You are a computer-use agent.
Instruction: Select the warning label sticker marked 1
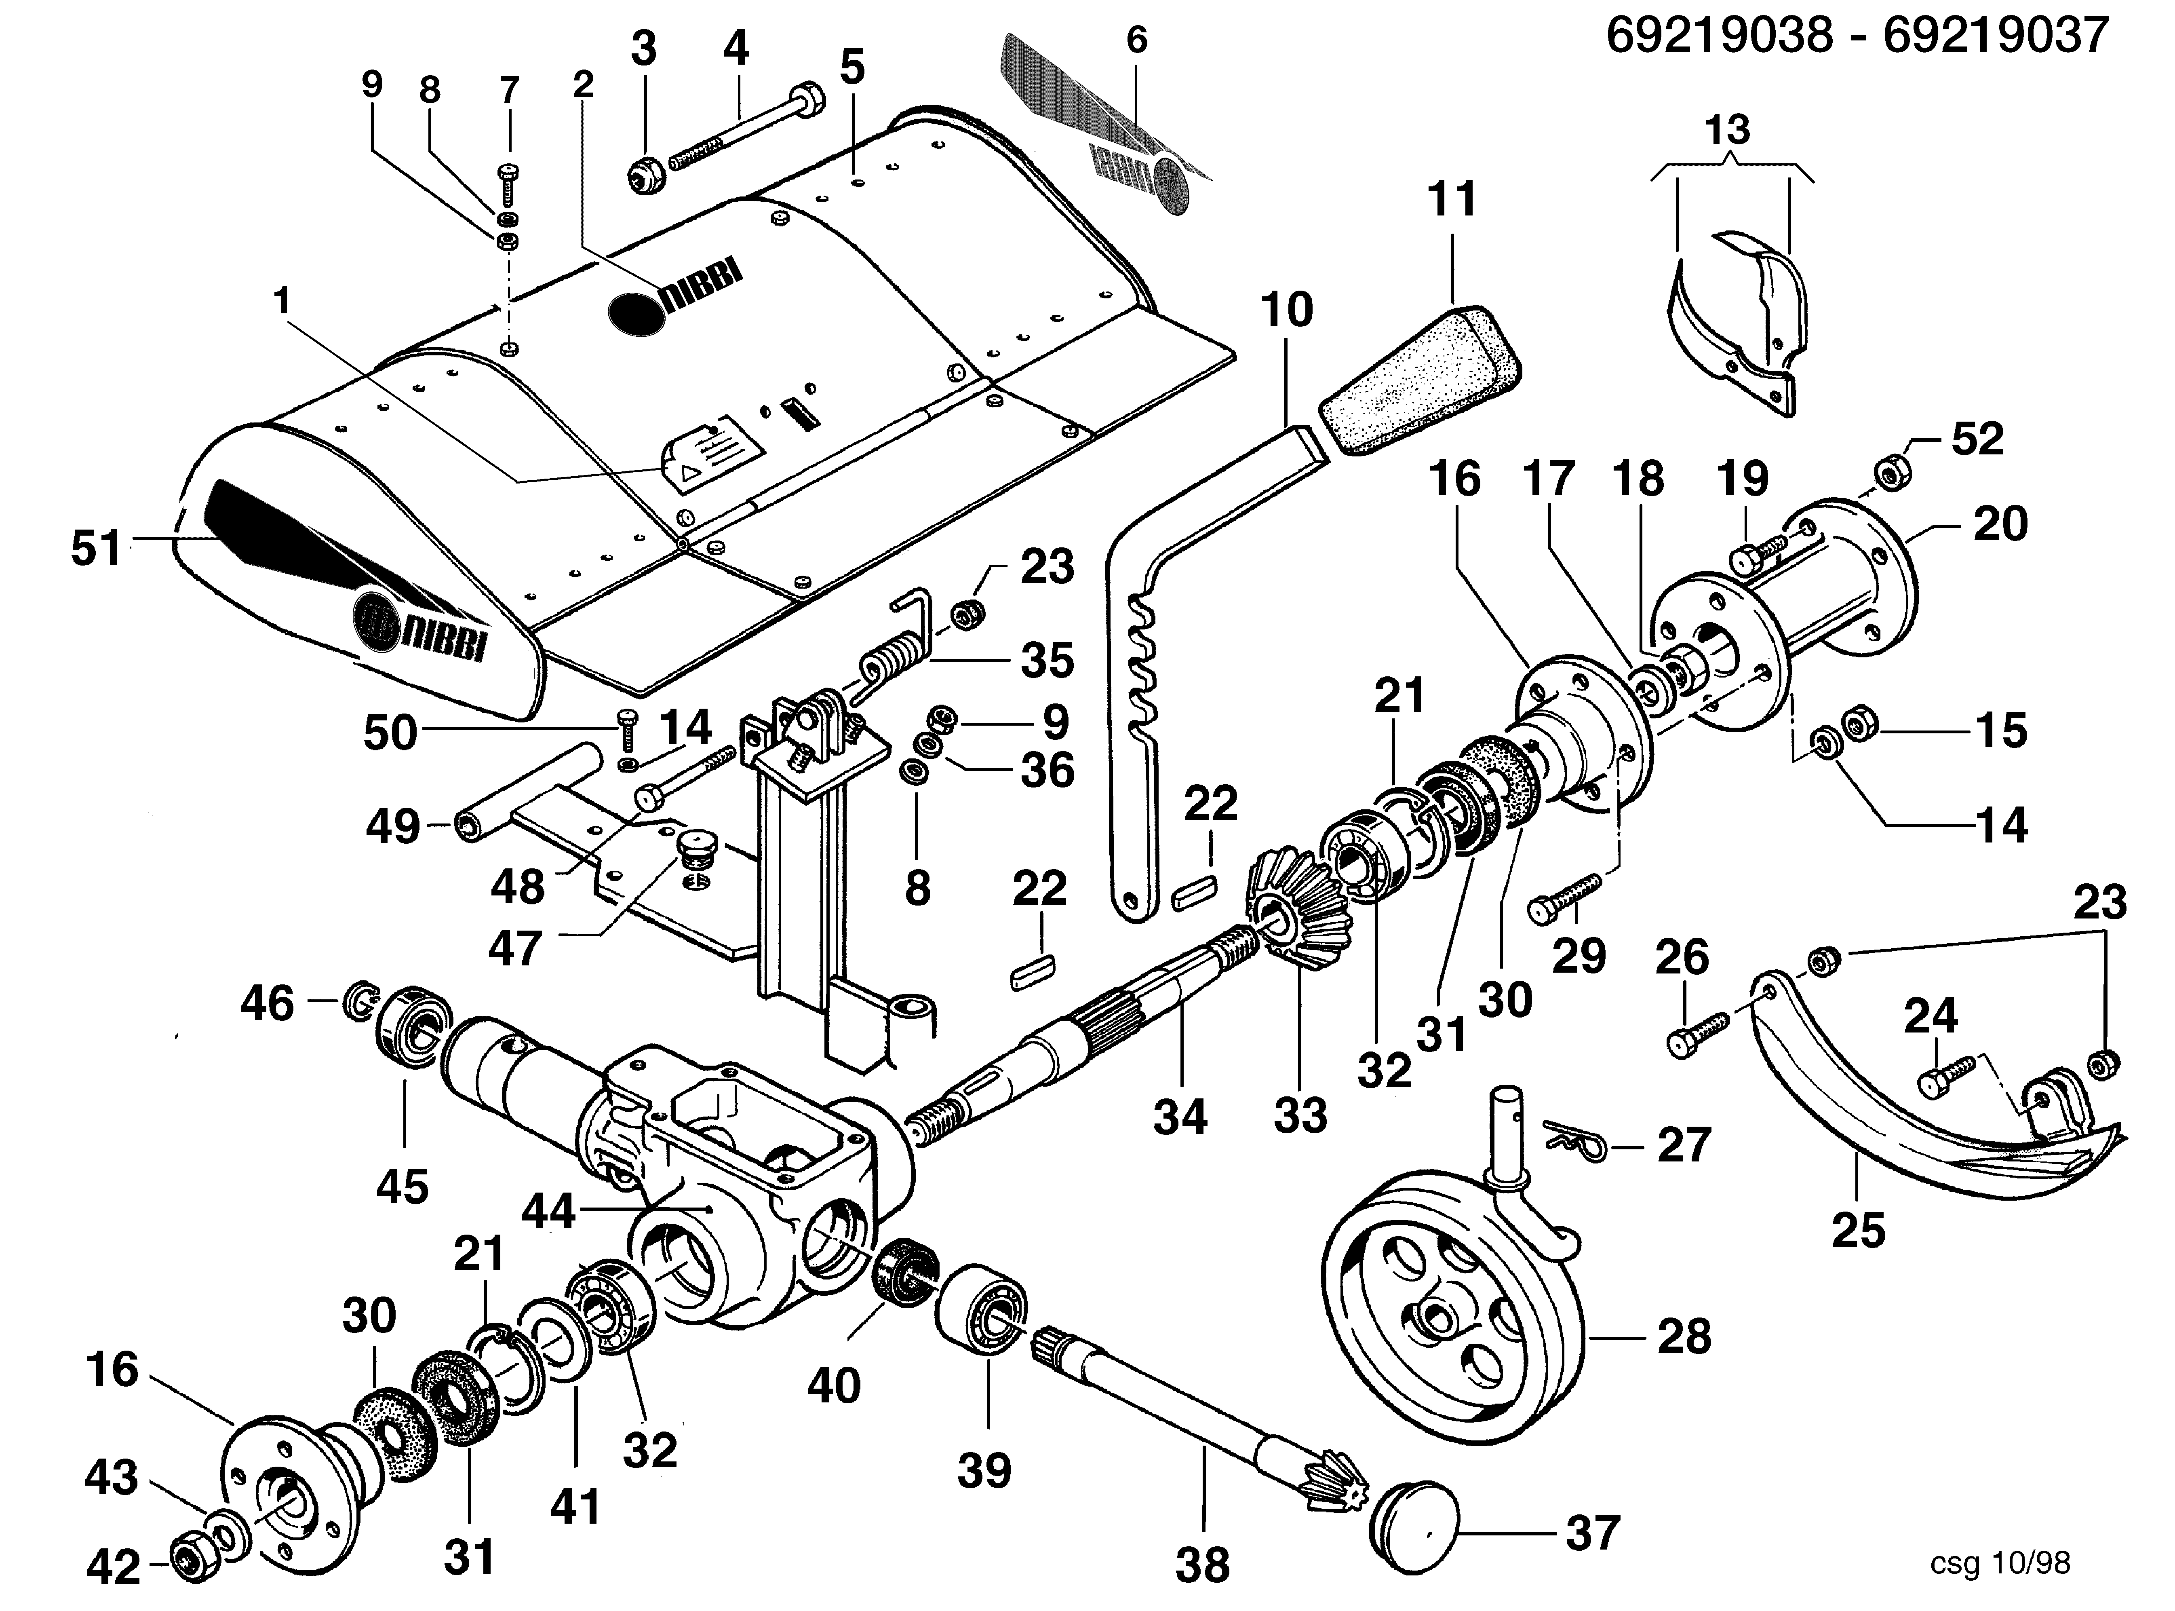(x=712, y=454)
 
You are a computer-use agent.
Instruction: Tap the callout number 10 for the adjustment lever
(x=1287, y=310)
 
